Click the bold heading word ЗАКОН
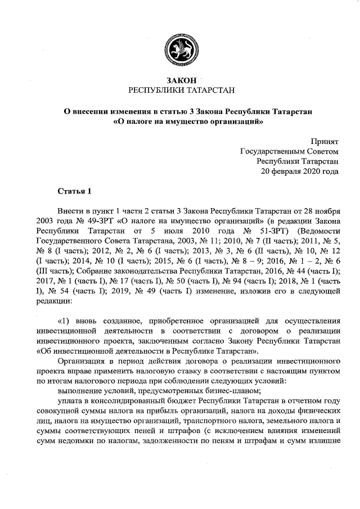[179, 81]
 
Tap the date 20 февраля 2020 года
[299, 172]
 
